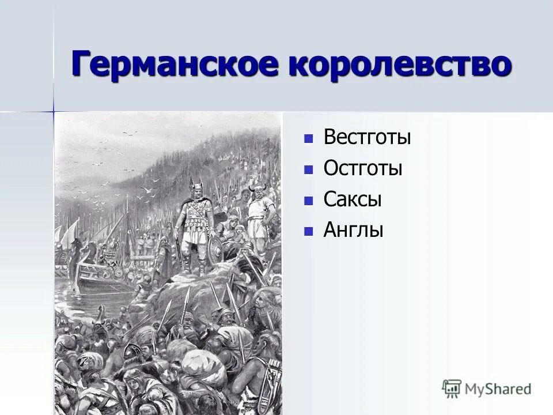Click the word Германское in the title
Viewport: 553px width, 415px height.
coord(173,64)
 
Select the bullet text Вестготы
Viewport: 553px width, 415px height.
coord(367,138)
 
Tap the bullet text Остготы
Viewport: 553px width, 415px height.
coord(362,168)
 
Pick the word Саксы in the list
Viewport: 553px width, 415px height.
coord(353,199)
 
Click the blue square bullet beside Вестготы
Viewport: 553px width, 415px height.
coord(309,139)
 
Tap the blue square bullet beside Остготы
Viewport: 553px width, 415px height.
coord(309,169)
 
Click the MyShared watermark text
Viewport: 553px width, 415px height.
coord(499,388)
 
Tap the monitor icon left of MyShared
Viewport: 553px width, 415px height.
coord(452,388)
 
